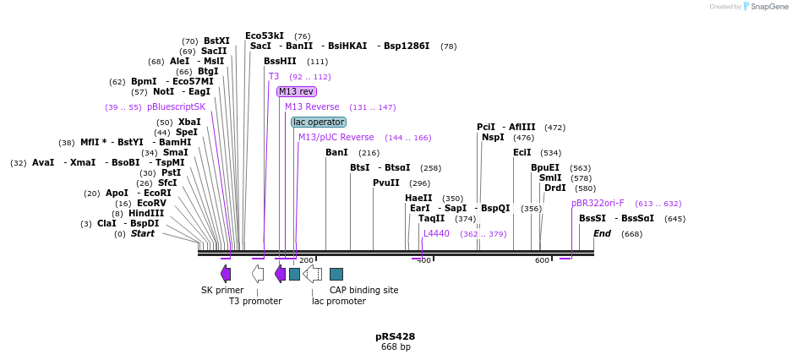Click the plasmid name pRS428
[x=396, y=336]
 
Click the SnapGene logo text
[x=770, y=7]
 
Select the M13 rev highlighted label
[x=296, y=91]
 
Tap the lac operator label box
[x=319, y=122]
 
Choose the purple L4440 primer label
[x=436, y=233]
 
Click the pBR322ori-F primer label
[x=598, y=203]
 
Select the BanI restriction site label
[x=336, y=152]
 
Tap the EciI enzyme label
[x=522, y=152]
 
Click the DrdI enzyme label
[x=554, y=188]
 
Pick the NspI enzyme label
[x=493, y=137]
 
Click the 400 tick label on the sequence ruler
[x=424, y=260]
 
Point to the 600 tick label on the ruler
[x=542, y=260]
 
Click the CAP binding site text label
[x=363, y=290]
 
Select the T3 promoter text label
[x=255, y=301]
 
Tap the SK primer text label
[x=222, y=290]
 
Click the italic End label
[x=602, y=233]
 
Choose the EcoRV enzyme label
[x=152, y=203]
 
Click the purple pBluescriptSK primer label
[x=176, y=106]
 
